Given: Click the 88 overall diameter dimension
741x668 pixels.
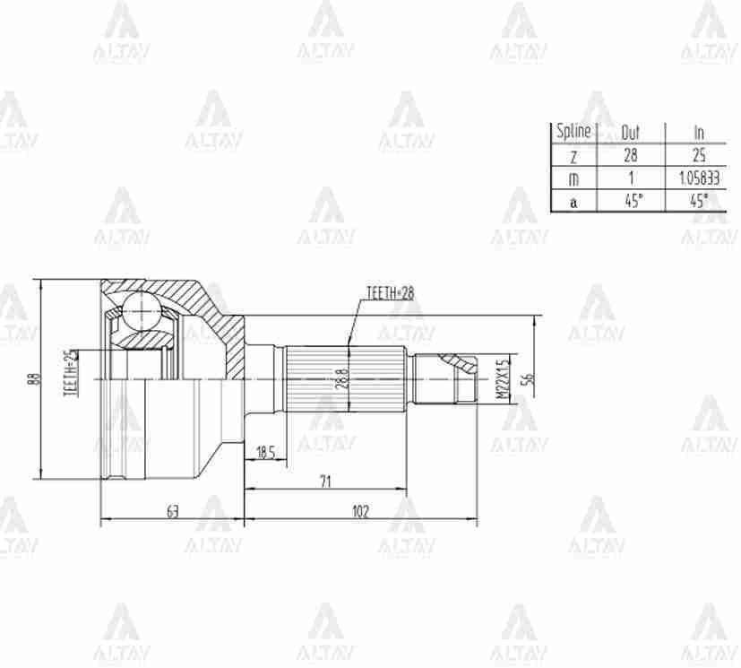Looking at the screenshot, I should [x=35, y=378].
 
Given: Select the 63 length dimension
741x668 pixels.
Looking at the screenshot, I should [x=172, y=511].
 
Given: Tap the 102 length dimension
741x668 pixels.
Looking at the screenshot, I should [x=360, y=511].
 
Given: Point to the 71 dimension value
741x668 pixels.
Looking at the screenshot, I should [x=324, y=481].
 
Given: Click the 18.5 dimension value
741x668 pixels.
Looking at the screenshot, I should [x=265, y=453].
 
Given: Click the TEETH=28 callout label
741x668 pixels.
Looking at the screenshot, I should [x=390, y=293].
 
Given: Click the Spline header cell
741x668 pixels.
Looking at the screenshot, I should [x=573, y=131].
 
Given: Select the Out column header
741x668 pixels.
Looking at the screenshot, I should [x=631, y=132].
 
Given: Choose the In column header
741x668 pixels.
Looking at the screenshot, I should [x=699, y=132].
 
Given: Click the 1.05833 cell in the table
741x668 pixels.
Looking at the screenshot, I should [x=699, y=178].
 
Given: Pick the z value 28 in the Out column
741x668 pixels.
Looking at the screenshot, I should [x=631, y=155].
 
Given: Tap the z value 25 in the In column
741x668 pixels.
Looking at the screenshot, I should [x=699, y=155].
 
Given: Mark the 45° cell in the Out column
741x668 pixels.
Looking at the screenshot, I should [x=633, y=201].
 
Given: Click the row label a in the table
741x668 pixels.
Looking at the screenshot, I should [x=573, y=202].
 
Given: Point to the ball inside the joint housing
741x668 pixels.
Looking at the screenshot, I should [x=139, y=311].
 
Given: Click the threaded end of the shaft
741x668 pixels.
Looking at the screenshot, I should [x=461, y=378].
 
